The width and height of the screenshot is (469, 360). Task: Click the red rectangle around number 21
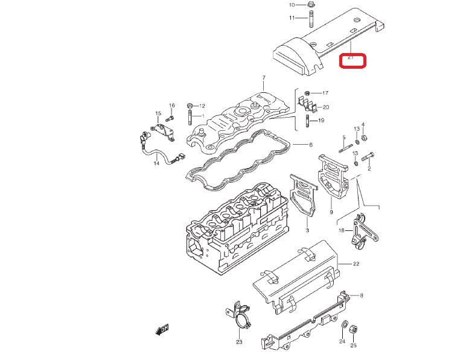pyautogui.click(x=353, y=60)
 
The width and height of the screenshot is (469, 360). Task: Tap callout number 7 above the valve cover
pyautogui.click(x=264, y=78)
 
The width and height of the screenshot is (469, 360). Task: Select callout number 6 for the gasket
pyautogui.click(x=311, y=145)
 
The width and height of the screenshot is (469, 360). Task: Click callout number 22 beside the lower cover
pyautogui.click(x=356, y=264)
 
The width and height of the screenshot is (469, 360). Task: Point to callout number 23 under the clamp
pyautogui.click(x=239, y=343)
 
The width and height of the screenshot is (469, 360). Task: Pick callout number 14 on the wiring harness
pyautogui.click(x=156, y=163)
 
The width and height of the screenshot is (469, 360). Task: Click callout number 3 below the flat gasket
pyautogui.click(x=307, y=231)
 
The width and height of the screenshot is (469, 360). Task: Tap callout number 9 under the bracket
pyautogui.click(x=331, y=212)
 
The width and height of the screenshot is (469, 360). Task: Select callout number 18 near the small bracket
pyautogui.click(x=342, y=230)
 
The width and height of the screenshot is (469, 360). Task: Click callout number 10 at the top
pyautogui.click(x=292, y=5)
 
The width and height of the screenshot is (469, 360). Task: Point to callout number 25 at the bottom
pyautogui.click(x=354, y=346)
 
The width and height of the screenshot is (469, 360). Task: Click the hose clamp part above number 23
pyautogui.click(x=240, y=315)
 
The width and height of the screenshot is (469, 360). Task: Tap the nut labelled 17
pyautogui.click(x=308, y=93)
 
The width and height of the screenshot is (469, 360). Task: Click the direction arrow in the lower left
pyautogui.click(x=162, y=329)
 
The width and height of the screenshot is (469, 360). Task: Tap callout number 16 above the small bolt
pyautogui.click(x=171, y=106)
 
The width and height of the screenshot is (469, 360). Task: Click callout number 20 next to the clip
pyautogui.click(x=326, y=107)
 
